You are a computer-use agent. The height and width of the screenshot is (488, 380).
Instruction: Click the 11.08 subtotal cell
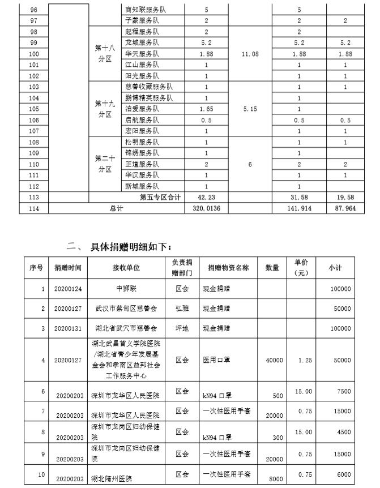pos(250,54)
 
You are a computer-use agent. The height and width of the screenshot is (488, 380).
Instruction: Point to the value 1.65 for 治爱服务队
pos(206,108)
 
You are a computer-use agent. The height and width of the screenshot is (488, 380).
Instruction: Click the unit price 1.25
pos(304,360)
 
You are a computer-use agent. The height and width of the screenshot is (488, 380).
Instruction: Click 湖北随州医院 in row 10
pos(114,478)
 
